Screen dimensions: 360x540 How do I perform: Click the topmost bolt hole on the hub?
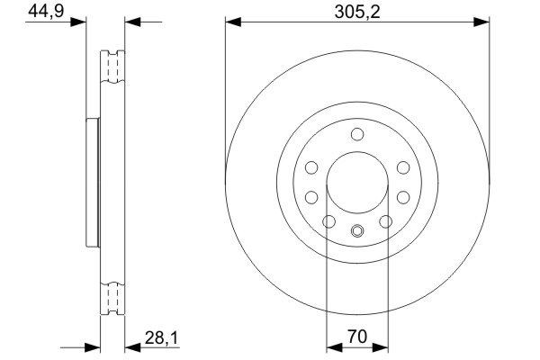tap(357, 136)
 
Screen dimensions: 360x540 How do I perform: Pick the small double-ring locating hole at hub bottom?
tap(357, 229)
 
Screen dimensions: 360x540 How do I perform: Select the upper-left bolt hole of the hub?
tap(311, 167)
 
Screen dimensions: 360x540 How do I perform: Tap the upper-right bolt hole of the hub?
tap(403, 167)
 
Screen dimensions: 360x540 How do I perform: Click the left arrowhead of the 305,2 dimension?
tap(230, 21)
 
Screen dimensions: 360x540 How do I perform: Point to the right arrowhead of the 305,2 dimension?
tap(485, 21)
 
